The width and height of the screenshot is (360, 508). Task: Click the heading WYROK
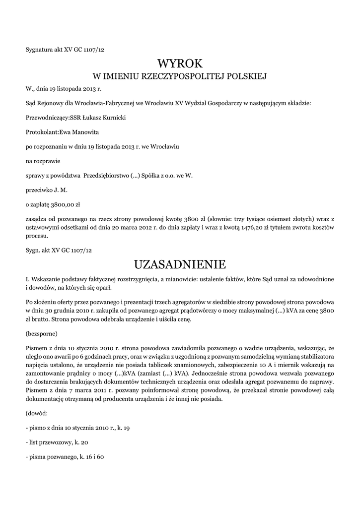180,63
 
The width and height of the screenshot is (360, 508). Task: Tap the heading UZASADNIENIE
180,263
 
